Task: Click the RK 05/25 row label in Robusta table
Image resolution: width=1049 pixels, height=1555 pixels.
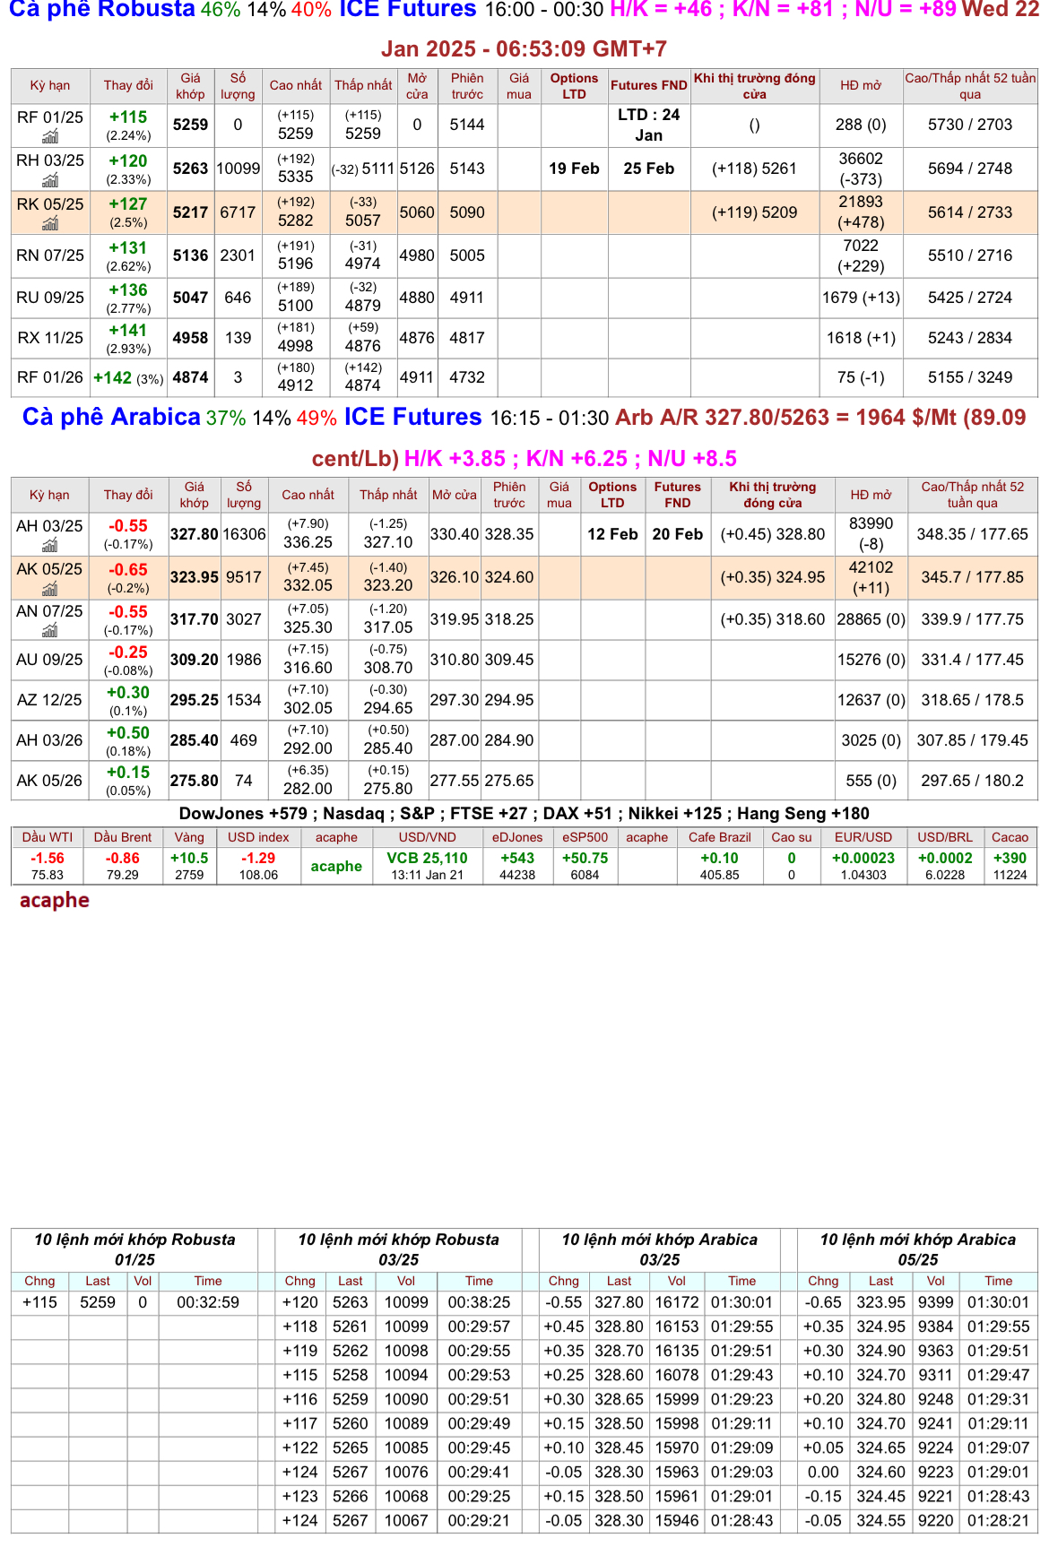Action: point(49,204)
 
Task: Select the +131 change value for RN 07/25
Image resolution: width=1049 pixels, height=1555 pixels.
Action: point(128,247)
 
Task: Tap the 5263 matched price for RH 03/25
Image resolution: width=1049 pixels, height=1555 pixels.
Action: point(190,168)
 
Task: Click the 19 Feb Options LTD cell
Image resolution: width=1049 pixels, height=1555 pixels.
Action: point(574,168)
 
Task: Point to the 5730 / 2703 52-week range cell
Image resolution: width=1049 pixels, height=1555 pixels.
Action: point(970,125)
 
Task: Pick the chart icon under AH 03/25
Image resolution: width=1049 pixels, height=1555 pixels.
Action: point(50,545)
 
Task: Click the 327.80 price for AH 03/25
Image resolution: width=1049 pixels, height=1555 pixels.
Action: point(195,534)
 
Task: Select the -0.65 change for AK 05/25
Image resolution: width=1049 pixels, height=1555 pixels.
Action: point(128,569)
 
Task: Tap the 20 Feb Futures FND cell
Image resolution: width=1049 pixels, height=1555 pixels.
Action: point(677,534)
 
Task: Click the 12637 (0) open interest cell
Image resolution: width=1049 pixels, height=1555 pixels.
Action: point(871,700)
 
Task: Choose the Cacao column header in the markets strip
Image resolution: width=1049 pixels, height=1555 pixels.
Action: point(1010,837)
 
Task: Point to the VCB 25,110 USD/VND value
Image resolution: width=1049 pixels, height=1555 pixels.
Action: point(427,858)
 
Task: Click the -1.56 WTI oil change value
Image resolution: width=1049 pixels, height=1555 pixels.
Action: point(48,858)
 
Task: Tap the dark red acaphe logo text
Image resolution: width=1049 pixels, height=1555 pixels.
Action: point(55,900)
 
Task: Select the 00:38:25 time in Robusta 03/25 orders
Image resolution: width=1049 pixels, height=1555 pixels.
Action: point(479,1302)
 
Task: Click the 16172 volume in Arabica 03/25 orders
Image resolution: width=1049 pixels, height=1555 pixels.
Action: point(677,1302)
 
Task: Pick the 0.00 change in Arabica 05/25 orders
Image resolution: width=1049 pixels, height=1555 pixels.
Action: point(823,1472)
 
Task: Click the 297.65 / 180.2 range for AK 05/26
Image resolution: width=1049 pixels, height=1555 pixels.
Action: point(972,781)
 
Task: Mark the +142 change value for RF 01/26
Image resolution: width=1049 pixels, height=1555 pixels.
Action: point(113,377)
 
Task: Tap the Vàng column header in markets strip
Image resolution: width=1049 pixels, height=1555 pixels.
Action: point(189,837)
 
